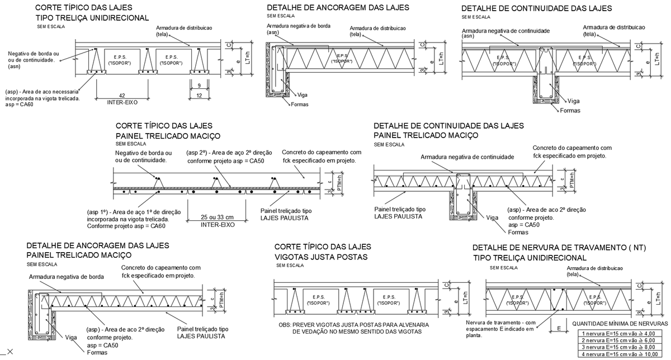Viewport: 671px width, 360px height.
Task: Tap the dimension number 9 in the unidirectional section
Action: [200, 86]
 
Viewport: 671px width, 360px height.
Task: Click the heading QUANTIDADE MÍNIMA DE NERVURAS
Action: [621, 324]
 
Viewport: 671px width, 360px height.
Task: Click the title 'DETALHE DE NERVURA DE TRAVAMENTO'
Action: [551, 248]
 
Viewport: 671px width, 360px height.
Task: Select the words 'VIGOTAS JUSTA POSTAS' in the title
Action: [320, 257]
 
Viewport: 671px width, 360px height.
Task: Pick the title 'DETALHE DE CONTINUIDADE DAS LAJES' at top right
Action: [536, 8]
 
